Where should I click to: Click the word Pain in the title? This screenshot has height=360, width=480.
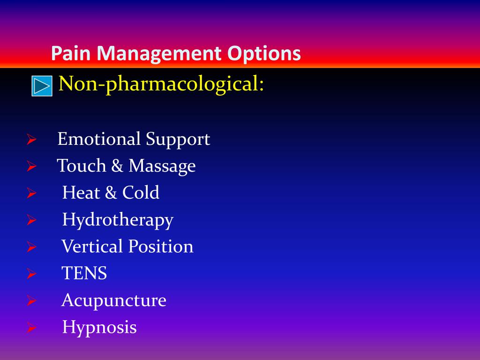[x=71, y=53]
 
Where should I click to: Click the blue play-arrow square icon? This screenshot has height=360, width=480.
[x=42, y=86]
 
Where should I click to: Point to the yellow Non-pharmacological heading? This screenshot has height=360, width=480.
[x=161, y=84]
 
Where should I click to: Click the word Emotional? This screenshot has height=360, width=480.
[x=99, y=139]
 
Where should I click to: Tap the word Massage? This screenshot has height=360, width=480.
[x=162, y=167]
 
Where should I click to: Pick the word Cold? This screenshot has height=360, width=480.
[x=141, y=193]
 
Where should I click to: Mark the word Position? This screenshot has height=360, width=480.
[x=161, y=246]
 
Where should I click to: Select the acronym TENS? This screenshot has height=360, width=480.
[x=84, y=273]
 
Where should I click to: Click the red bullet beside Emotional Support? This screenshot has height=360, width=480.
[x=31, y=139]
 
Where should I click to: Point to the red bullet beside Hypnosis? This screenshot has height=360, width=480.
[x=31, y=328]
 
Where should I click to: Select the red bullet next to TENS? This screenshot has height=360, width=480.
[x=31, y=274]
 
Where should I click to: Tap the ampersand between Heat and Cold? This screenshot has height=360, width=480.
[x=111, y=193]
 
